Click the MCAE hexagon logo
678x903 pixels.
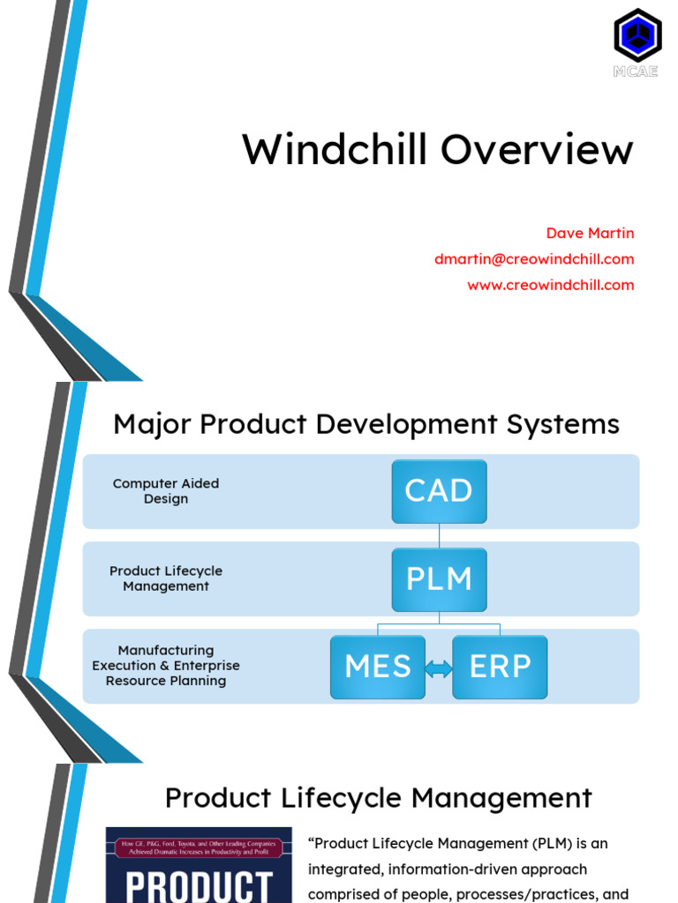click(x=637, y=36)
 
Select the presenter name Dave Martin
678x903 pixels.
click(x=590, y=234)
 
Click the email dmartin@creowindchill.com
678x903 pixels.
click(x=533, y=259)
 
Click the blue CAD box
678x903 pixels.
click(x=439, y=491)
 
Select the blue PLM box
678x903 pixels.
click(x=439, y=578)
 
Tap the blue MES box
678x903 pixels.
click(x=378, y=667)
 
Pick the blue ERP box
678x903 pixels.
click(x=500, y=667)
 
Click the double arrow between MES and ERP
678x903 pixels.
click(x=439, y=669)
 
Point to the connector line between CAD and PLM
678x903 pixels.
click(x=439, y=534)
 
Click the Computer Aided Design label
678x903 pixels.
click(x=166, y=491)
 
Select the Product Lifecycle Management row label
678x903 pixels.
click(x=166, y=578)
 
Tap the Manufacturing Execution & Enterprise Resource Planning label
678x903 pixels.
click(x=166, y=666)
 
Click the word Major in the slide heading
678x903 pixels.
click(x=152, y=425)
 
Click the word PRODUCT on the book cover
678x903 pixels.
click(x=199, y=884)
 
